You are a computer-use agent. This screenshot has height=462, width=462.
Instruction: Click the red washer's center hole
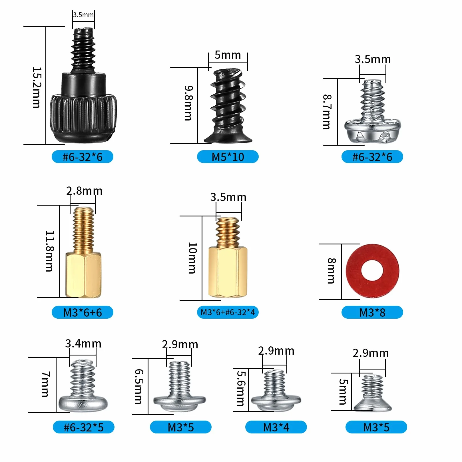point(372,270)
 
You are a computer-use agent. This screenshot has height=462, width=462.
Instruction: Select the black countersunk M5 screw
point(228,106)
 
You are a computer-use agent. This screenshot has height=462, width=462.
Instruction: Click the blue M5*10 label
point(228,157)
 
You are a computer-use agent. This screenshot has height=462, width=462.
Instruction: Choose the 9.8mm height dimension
point(188,103)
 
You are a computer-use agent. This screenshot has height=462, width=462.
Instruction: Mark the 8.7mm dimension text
point(327,112)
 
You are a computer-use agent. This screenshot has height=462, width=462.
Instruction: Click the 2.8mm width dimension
point(84,191)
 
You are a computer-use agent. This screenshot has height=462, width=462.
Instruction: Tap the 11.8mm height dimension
point(49,251)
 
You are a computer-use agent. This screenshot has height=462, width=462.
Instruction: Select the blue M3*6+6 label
point(82,312)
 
